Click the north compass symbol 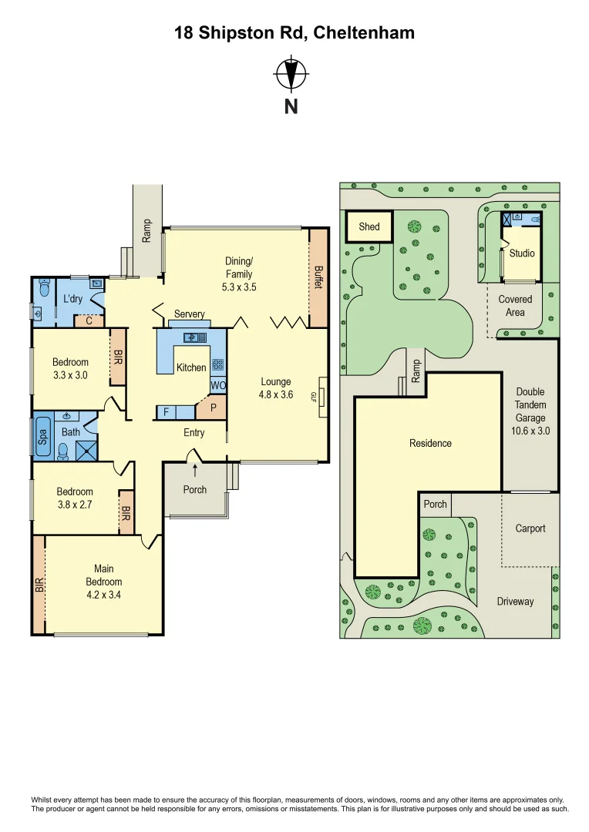(291, 75)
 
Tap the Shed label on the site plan (369, 226)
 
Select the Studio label (522, 253)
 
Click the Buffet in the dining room (318, 277)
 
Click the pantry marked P (214, 406)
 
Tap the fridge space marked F (166, 413)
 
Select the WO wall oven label (217, 385)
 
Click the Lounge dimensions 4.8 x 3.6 (275, 394)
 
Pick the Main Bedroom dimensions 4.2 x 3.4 (104, 595)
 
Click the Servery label (190, 314)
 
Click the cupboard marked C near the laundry (89, 321)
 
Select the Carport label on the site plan (530, 528)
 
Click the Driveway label (515, 601)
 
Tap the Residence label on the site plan (430, 443)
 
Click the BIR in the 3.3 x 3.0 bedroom (118, 357)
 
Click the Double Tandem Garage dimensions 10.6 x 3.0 (530, 431)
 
